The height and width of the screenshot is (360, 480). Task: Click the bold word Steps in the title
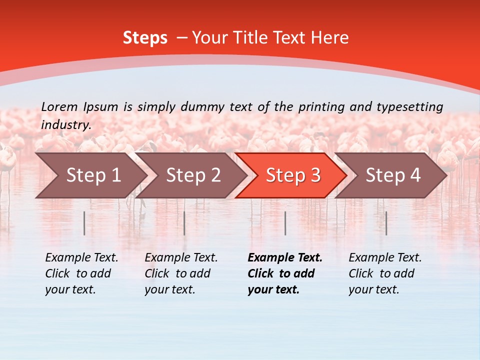[x=145, y=38]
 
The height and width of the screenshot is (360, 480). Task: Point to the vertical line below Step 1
[x=84, y=223]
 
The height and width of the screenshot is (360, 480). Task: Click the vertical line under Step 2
[x=184, y=223]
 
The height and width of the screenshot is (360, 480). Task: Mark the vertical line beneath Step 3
[x=285, y=223]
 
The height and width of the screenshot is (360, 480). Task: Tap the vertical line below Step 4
[x=386, y=223]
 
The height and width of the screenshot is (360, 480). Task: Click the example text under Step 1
[x=81, y=273]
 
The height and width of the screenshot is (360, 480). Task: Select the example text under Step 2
[x=181, y=273]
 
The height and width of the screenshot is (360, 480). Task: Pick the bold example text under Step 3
[x=285, y=273]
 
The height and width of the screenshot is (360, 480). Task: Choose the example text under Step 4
[x=385, y=273]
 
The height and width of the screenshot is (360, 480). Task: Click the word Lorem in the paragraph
[x=59, y=106]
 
